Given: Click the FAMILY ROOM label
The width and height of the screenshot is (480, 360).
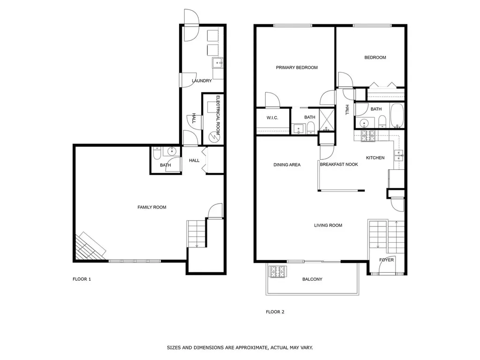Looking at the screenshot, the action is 152,207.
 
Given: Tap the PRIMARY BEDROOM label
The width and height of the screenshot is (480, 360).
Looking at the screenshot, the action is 297,67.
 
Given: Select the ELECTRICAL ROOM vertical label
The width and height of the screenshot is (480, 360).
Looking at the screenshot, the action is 218,115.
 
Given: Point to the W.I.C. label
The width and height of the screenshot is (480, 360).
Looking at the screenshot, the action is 272,118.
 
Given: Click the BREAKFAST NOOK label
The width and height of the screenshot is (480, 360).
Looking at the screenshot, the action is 339,165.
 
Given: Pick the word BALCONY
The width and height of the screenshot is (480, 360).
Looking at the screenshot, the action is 312,279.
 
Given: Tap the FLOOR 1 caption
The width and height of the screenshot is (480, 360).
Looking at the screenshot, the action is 82,279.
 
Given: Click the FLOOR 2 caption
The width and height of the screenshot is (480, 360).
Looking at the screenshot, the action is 275,312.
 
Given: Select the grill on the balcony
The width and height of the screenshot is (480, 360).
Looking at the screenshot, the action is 277,271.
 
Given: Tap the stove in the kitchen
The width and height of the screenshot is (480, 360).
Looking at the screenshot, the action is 368,136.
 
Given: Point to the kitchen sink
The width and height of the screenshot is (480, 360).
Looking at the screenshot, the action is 399,156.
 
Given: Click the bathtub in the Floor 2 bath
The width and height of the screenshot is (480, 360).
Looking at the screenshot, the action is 397,115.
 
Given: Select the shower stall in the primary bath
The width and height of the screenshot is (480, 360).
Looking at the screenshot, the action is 327,120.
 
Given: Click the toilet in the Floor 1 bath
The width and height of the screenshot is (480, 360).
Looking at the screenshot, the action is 157,153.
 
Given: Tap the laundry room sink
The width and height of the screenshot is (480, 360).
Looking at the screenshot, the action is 218,63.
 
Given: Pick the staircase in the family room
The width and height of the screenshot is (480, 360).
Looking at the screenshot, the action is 196,233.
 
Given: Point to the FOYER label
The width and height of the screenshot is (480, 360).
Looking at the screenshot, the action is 386,260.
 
